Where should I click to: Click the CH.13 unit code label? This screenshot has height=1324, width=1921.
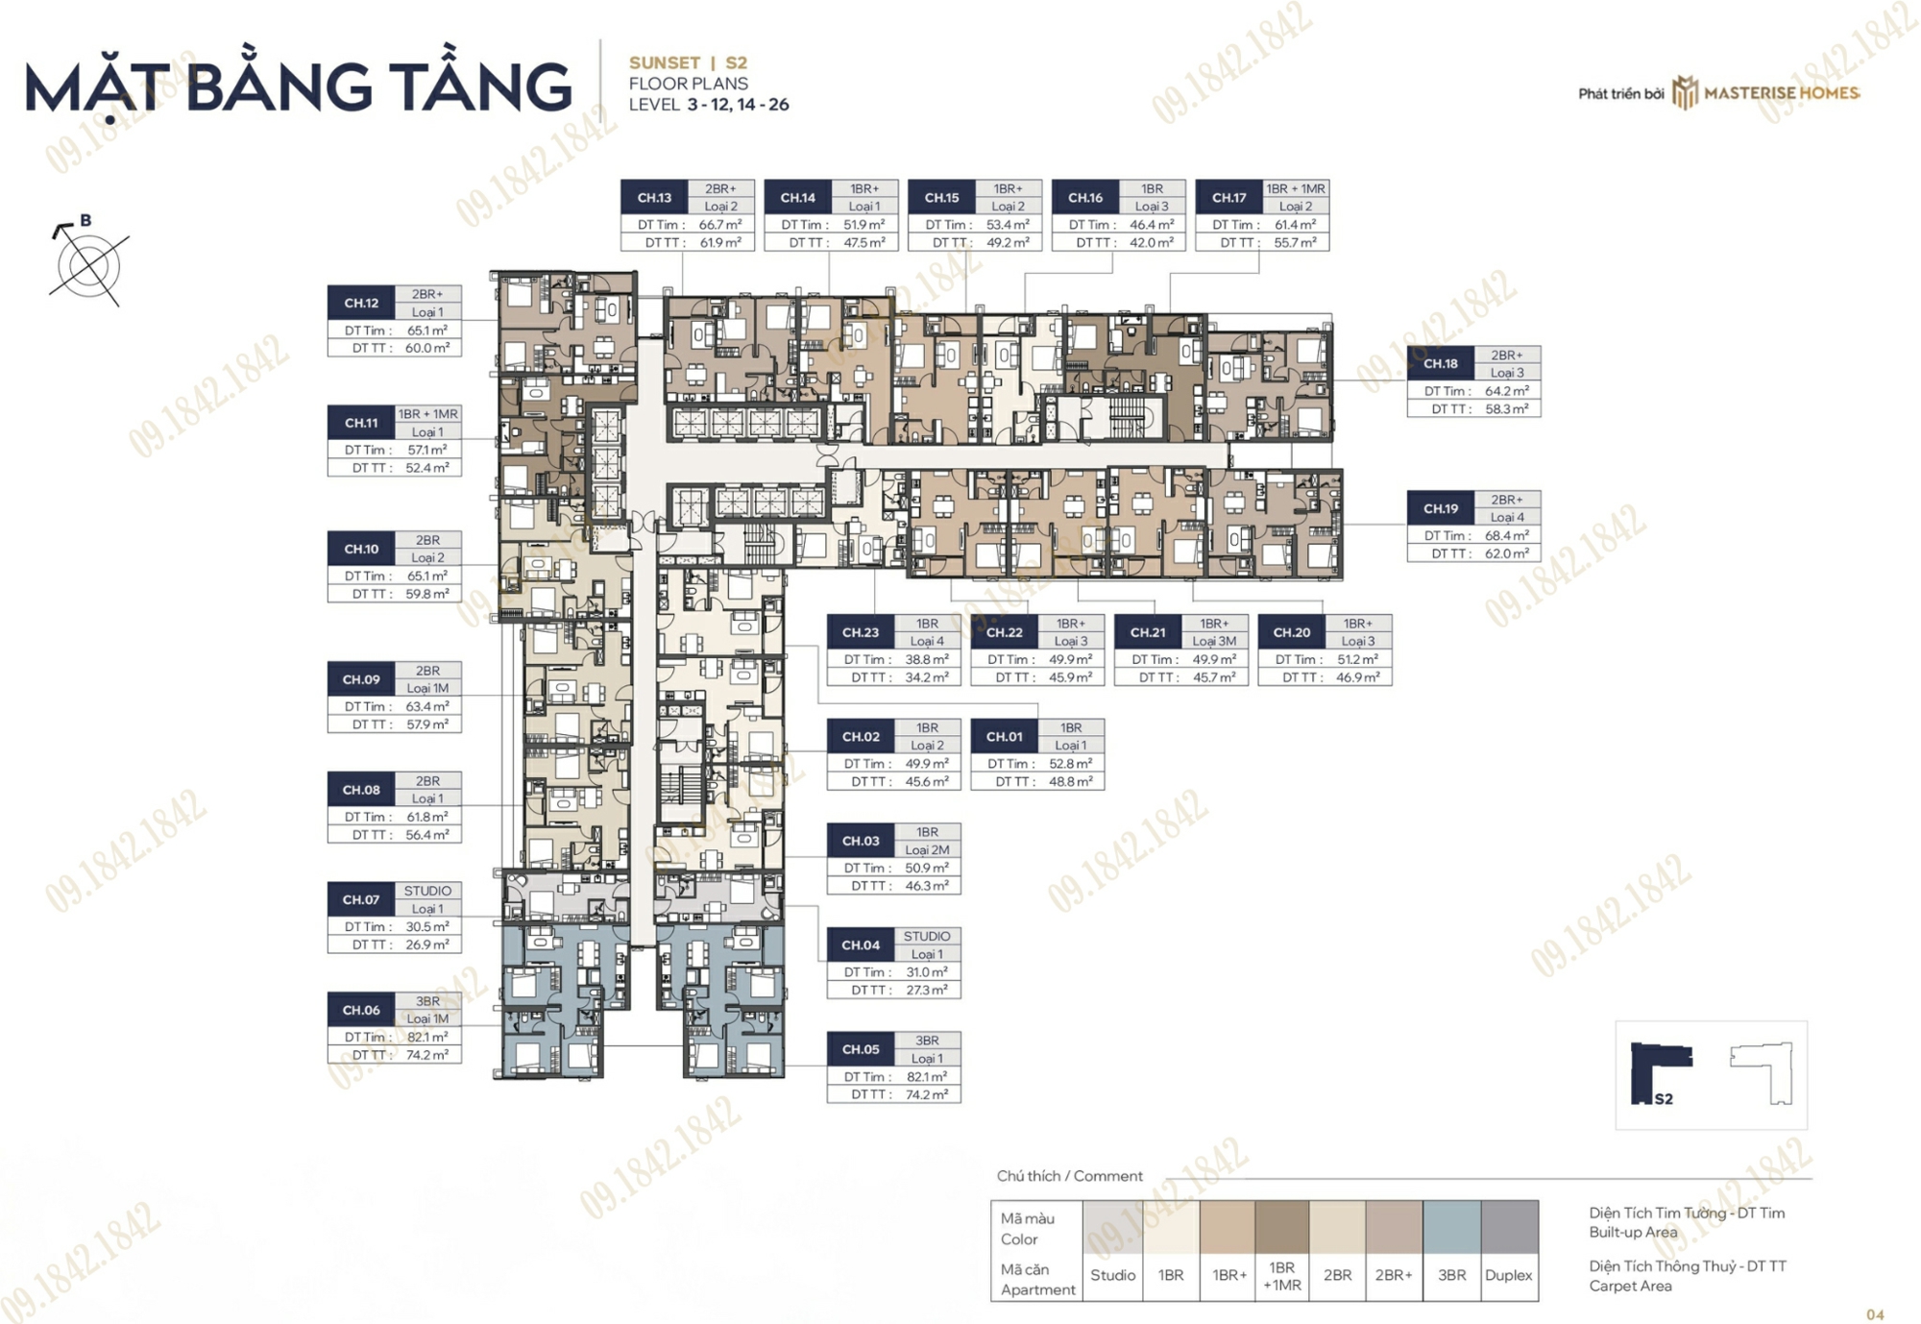coord(654,197)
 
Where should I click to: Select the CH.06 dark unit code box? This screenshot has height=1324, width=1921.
coord(361,1010)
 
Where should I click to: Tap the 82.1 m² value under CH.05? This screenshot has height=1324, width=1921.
coord(927,1077)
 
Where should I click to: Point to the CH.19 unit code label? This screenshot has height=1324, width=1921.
coord(1441,508)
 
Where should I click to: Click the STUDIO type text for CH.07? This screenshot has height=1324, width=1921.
coord(427,891)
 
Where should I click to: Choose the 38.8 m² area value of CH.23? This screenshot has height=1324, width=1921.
coord(927,660)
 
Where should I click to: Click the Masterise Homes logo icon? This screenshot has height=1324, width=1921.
coord(1685,92)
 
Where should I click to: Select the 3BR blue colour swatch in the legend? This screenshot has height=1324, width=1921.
coord(1451,1227)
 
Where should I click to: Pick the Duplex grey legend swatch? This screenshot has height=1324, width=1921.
coord(1509,1227)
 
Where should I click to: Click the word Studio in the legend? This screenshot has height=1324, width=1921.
coord(1113,1275)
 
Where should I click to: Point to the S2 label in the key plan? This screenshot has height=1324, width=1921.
coord(1664,1099)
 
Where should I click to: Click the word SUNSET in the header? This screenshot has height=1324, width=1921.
coord(665,62)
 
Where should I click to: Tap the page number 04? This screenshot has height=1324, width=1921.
coord(1875,1314)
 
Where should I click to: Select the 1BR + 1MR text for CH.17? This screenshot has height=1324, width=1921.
coord(1296,188)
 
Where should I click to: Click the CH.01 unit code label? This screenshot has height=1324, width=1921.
coord(1004,737)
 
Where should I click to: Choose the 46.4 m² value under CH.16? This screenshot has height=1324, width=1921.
coord(1152,225)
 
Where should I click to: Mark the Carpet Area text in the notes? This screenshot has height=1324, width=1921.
coord(1630,1286)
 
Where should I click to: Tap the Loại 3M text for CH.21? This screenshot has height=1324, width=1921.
coord(1214,641)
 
